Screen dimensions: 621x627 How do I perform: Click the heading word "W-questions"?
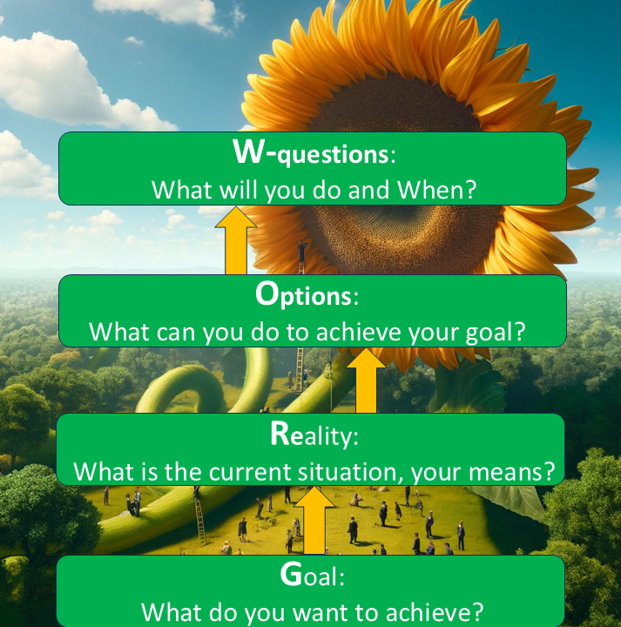click(310, 152)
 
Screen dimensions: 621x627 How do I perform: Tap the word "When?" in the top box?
click(436, 190)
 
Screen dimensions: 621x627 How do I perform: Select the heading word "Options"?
click(303, 294)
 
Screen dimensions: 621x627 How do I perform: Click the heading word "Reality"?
click(311, 434)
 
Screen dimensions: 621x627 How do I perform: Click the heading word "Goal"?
click(309, 574)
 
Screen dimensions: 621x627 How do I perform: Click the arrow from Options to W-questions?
click(236, 240)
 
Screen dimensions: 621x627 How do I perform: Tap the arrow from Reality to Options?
click(366, 380)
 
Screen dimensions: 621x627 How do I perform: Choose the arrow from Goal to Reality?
click(314, 520)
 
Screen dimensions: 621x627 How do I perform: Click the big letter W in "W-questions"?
click(248, 152)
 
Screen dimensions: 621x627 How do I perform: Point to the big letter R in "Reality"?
click(280, 433)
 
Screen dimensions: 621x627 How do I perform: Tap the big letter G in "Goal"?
click(291, 574)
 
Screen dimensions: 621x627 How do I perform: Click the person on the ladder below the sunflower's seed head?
click(301, 251)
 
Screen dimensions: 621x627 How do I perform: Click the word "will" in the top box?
click(239, 190)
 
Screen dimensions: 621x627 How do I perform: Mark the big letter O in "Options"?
click(267, 293)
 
